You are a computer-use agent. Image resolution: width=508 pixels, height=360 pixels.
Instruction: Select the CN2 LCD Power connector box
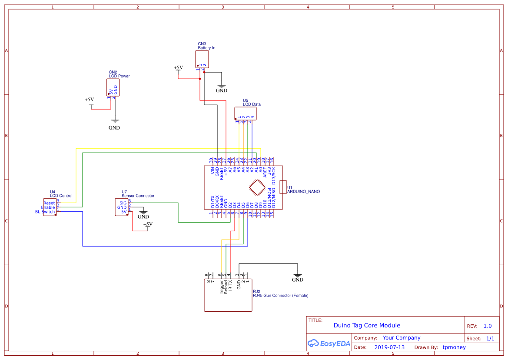click(113, 87)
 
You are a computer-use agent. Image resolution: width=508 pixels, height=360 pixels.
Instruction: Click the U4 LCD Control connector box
click(49, 207)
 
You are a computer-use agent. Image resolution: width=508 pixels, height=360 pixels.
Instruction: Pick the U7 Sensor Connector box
click(121, 207)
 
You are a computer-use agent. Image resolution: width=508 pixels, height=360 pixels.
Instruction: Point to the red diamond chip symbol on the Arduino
click(257, 187)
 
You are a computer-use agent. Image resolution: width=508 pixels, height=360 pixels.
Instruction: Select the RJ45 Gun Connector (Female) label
click(280, 296)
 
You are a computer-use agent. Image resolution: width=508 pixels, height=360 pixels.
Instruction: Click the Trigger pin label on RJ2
click(222, 287)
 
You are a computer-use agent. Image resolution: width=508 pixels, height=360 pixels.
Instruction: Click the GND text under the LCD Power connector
click(114, 128)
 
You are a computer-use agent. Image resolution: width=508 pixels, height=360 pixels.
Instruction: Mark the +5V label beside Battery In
click(178, 68)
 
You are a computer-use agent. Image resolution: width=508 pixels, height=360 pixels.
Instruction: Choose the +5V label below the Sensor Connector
click(148, 224)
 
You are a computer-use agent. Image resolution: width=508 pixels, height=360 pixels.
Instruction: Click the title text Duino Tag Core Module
click(367, 325)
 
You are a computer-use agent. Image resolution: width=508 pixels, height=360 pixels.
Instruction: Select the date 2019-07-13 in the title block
click(389, 347)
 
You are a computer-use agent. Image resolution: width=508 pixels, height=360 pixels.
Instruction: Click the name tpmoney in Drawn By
click(454, 347)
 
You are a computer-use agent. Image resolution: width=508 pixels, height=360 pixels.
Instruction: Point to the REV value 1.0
click(488, 326)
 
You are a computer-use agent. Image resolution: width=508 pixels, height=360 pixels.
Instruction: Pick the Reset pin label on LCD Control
click(49, 203)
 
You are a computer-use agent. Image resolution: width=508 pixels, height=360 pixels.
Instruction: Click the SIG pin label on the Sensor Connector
click(123, 203)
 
